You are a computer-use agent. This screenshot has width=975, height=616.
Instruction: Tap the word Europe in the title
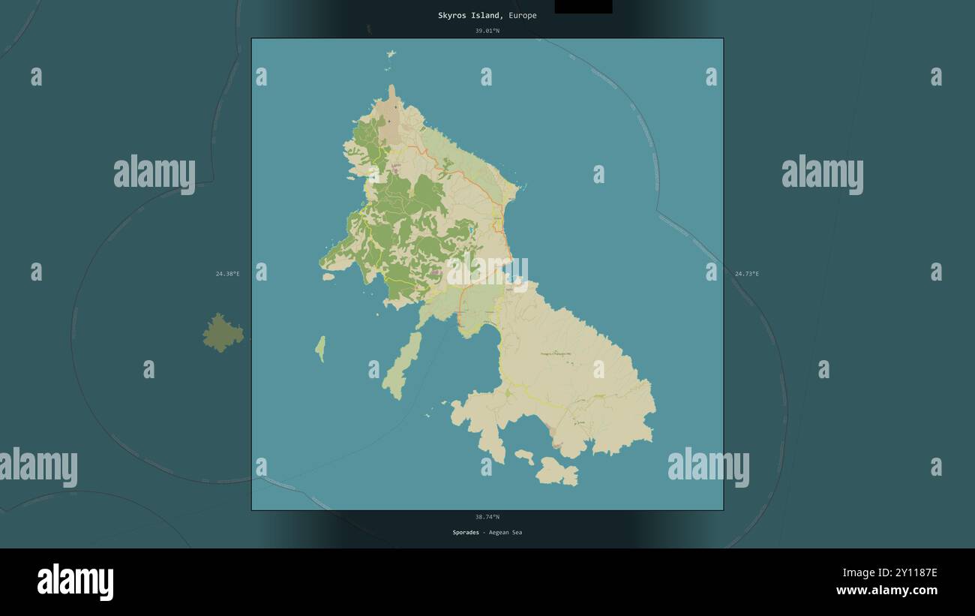[x=523, y=16]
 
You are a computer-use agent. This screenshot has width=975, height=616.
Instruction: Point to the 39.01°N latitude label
[x=487, y=31]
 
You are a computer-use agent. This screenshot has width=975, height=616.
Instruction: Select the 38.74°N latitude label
[x=487, y=517]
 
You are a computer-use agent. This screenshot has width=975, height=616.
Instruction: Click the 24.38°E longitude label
[x=227, y=274]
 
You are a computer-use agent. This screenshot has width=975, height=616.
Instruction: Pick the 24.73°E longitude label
[x=746, y=274]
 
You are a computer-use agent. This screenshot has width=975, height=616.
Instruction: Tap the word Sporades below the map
[x=465, y=533]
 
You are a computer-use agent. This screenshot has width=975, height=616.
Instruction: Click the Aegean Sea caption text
[x=505, y=533]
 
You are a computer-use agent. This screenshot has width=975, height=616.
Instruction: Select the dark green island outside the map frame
[x=223, y=333]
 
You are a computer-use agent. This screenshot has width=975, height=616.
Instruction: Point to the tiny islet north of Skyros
[x=391, y=54]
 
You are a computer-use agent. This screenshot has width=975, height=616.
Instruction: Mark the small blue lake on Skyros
[x=470, y=230]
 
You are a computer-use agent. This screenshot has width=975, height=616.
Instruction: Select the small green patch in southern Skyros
[x=507, y=392]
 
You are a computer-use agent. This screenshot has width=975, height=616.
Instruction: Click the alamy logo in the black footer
[x=75, y=582]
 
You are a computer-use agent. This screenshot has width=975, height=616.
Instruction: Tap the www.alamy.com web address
[x=886, y=590]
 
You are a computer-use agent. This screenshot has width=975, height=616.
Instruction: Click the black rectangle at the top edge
[x=583, y=6]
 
